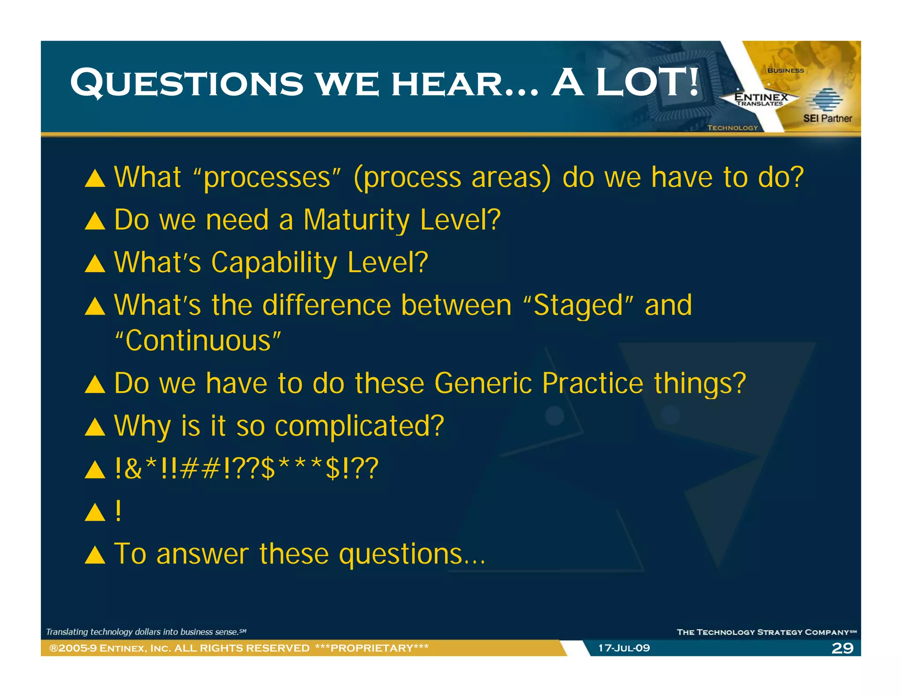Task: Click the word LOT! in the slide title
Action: (647, 82)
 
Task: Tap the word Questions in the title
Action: (187, 83)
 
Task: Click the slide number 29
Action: (842, 648)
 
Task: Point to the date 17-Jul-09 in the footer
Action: (624, 648)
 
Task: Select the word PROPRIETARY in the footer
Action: (372, 648)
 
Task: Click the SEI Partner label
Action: (827, 118)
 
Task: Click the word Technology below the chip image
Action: (732, 128)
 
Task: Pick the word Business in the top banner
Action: (785, 70)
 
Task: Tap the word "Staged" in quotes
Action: (578, 305)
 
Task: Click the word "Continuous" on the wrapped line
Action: (198, 341)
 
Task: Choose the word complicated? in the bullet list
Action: (359, 426)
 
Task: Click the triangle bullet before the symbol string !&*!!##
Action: (95, 470)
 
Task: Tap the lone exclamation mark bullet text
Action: (118, 511)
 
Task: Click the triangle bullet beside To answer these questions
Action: (95, 555)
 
